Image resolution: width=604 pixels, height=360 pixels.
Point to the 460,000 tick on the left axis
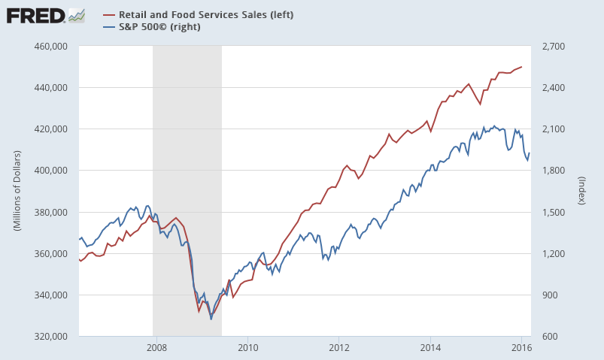(x=56, y=47)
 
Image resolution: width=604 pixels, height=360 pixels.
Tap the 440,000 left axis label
(x=56, y=88)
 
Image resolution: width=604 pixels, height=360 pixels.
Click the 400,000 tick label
(x=56, y=171)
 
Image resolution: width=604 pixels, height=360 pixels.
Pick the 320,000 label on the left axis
(x=56, y=336)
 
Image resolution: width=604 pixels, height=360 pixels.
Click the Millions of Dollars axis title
(x=17, y=191)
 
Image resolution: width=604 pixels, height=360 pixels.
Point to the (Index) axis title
(x=581, y=191)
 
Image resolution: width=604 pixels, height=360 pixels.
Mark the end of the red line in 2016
(x=522, y=67)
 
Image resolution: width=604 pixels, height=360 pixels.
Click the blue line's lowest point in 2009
(x=211, y=319)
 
